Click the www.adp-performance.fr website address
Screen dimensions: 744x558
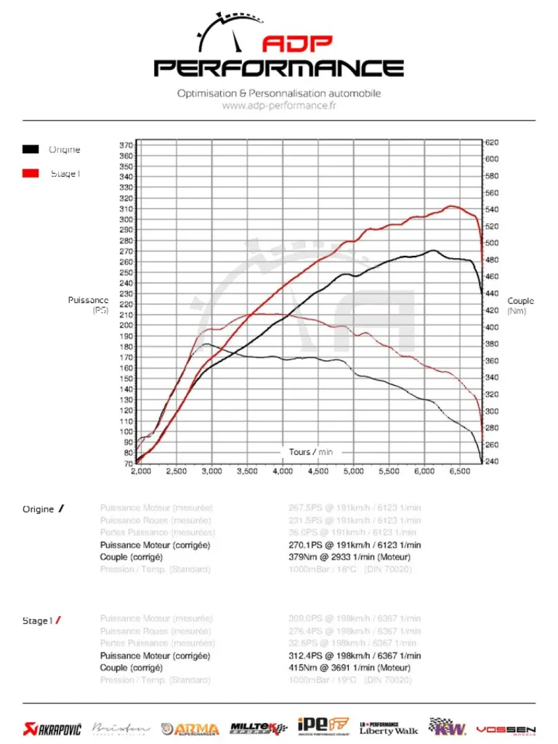(278, 105)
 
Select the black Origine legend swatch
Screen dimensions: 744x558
(31, 150)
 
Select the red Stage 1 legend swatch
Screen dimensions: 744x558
(31, 174)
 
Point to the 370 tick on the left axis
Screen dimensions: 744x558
(126, 145)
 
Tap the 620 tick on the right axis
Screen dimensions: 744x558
(492, 142)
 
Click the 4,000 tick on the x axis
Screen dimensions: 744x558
(282, 472)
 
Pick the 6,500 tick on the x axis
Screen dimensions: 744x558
(460, 472)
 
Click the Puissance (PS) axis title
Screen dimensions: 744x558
(89, 305)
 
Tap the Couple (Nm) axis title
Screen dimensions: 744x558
(520, 306)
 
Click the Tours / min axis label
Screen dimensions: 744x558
(311, 452)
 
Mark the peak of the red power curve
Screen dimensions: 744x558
(452, 206)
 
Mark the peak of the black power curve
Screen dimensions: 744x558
(433, 251)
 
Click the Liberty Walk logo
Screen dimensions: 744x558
(389, 727)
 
